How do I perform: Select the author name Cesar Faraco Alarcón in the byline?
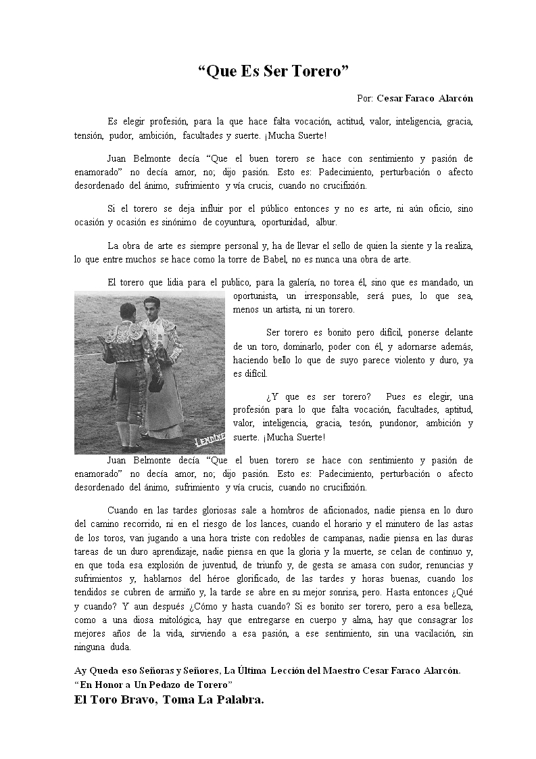(424, 98)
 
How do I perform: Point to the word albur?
(326, 223)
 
